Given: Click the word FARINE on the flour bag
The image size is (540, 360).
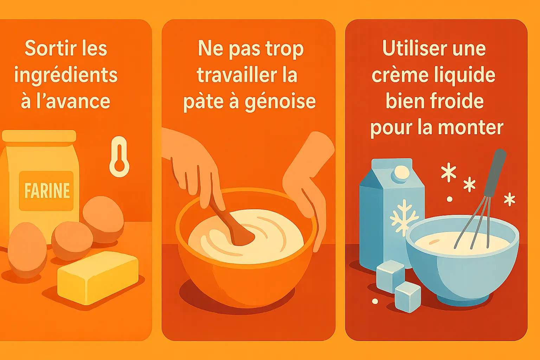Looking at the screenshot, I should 47,191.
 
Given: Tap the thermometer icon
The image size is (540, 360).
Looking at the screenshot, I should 119,157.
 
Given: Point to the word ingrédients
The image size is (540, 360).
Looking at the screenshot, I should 66,76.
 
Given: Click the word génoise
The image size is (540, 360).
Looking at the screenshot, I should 280,102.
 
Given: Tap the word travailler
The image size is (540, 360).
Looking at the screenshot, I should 237,75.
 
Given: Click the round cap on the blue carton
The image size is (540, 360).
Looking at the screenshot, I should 401,173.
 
